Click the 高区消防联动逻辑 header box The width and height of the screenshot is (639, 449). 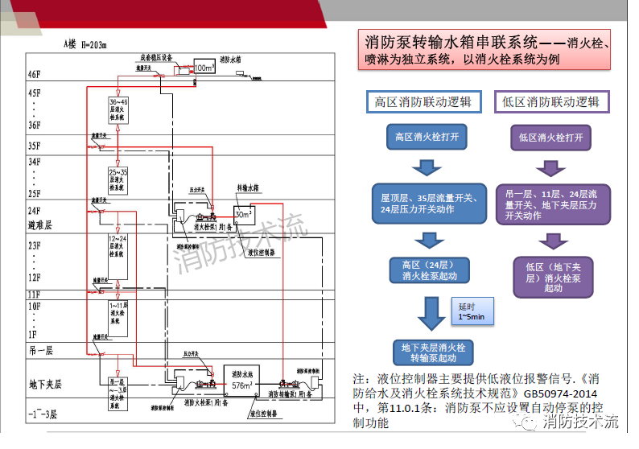424,102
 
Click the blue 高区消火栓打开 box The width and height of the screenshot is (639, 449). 427,138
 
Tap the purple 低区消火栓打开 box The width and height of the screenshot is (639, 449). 551,138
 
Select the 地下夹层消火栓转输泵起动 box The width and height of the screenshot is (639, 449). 433,352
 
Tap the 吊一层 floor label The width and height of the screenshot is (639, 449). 39,351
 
